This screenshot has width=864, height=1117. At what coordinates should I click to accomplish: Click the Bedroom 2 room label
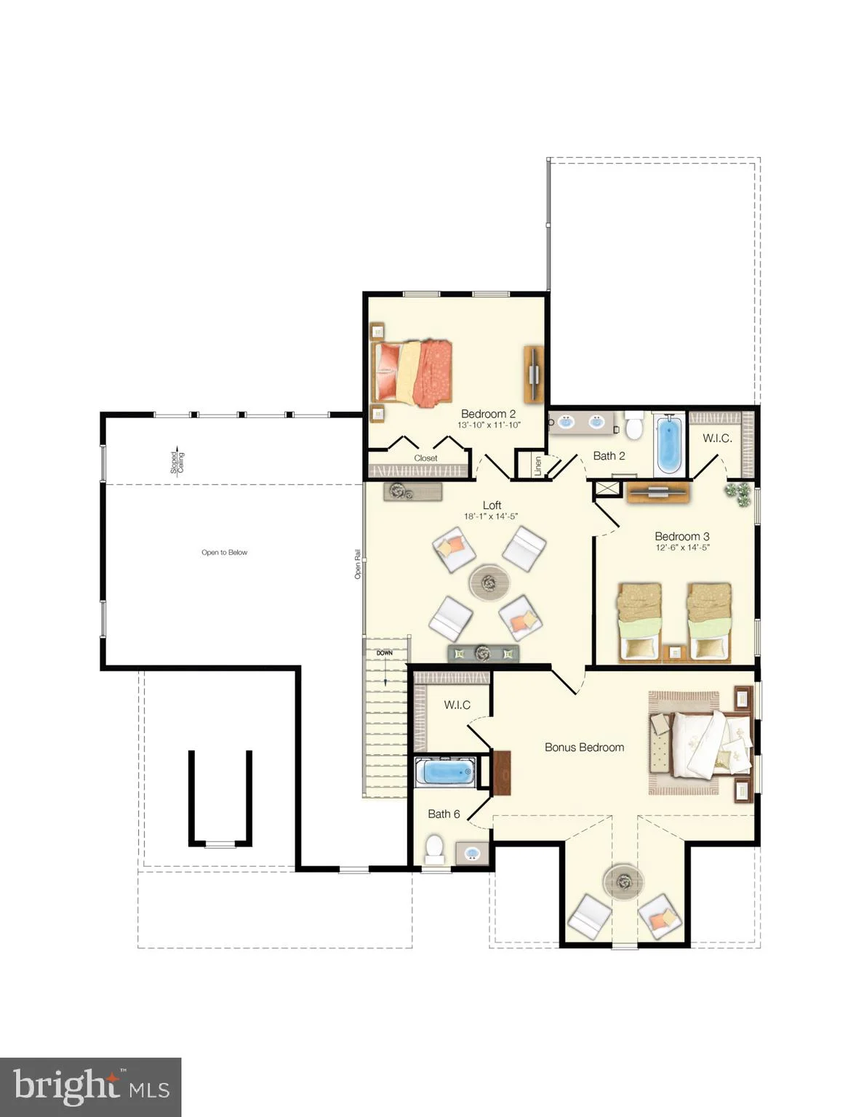[x=487, y=414]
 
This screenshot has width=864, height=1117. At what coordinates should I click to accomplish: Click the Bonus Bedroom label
[x=584, y=747]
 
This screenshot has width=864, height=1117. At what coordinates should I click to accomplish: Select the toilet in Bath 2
[x=633, y=425]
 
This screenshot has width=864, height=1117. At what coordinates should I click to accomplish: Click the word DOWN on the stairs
[x=385, y=653]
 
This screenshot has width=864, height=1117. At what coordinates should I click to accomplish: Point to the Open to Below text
[x=224, y=552]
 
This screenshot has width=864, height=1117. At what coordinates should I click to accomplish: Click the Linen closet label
[x=538, y=465]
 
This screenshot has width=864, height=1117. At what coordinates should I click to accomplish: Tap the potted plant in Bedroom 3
[x=739, y=494]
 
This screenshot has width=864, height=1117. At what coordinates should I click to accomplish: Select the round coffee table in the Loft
[x=489, y=582]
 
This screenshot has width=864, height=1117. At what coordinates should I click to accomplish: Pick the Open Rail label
[x=357, y=564]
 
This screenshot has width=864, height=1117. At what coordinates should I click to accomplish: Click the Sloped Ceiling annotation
[x=177, y=462]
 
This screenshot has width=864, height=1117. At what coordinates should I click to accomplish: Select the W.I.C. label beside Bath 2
[x=717, y=439]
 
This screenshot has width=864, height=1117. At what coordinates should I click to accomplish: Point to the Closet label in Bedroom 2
[x=425, y=458]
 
